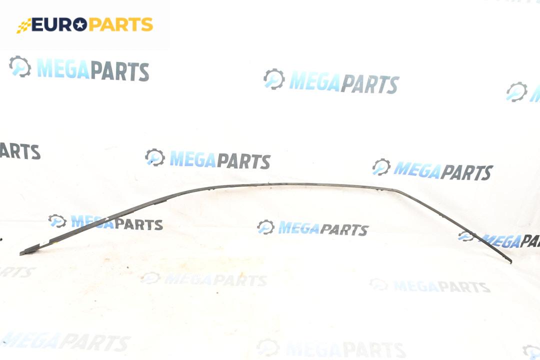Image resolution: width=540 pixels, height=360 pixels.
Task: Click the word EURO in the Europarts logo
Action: (x=52, y=24)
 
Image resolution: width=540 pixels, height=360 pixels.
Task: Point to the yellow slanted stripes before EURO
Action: (x=23, y=26)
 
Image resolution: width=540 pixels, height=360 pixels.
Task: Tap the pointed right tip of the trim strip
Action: (x=510, y=261)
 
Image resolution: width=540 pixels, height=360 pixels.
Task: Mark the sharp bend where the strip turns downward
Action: (x=395, y=189)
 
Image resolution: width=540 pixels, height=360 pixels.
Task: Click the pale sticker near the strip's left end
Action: (x=43, y=244)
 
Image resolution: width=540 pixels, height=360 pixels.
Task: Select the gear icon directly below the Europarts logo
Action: (x=20, y=66)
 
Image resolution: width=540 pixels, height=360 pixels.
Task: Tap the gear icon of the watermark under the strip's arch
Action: (x=266, y=227)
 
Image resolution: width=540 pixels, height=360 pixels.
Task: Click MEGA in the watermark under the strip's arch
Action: (x=298, y=228)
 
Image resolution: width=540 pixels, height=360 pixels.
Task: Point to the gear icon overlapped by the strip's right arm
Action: (x=466, y=236)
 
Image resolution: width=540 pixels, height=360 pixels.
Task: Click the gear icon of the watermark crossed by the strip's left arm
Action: (x=57, y=220)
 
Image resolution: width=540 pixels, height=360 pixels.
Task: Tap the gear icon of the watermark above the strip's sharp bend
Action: (x=381, y=166)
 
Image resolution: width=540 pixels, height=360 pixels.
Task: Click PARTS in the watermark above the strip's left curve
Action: (x=243, y=160)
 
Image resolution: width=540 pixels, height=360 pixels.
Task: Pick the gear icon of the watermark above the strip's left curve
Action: (x=155, y=157)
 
